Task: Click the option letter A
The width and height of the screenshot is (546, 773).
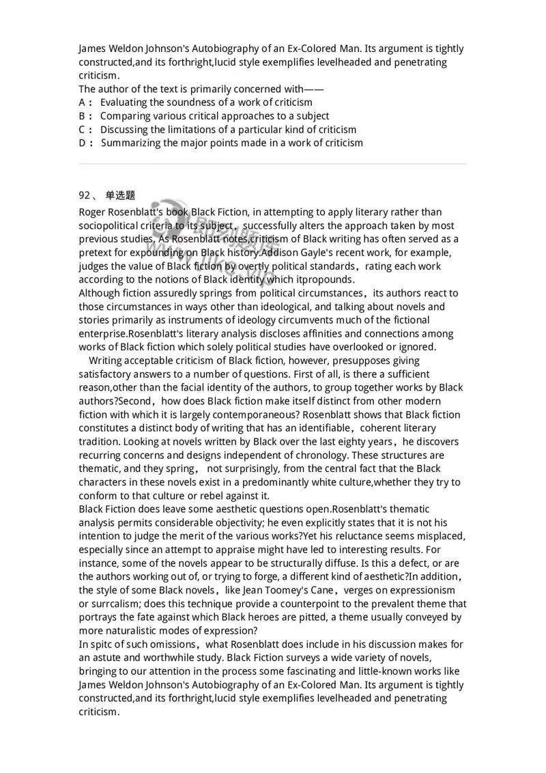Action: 83,102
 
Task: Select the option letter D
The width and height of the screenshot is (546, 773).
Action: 83,143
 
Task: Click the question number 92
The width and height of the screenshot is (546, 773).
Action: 85,195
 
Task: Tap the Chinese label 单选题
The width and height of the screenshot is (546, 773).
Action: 120,195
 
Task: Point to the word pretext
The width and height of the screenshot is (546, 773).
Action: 96,252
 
